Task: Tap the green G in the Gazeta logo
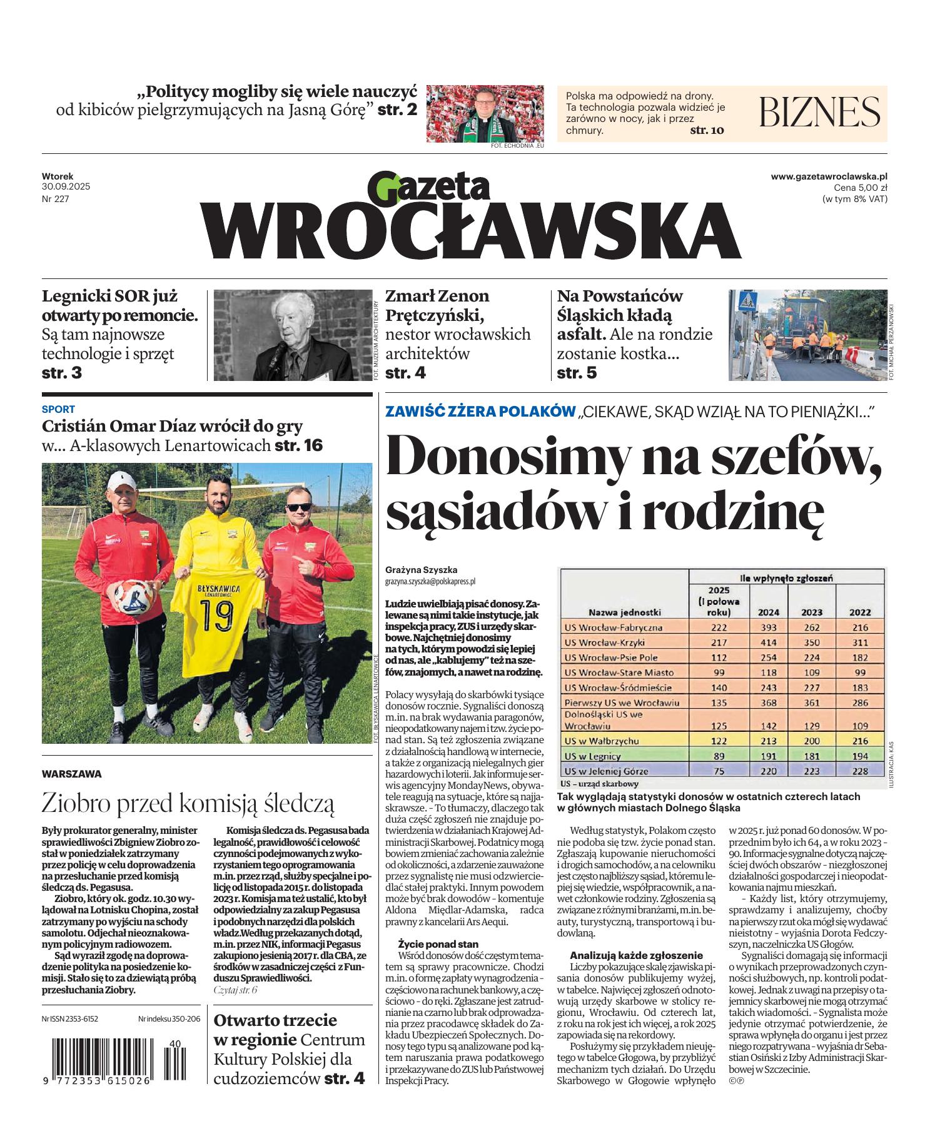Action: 383,188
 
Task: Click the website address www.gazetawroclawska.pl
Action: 829,178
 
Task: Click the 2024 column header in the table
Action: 768,612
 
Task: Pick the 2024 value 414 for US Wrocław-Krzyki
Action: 768,642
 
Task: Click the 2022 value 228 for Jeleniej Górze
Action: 860,771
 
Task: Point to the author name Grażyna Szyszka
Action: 422,570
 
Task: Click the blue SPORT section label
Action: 58,410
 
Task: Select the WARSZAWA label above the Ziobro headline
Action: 71,774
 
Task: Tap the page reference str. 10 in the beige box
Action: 706,131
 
